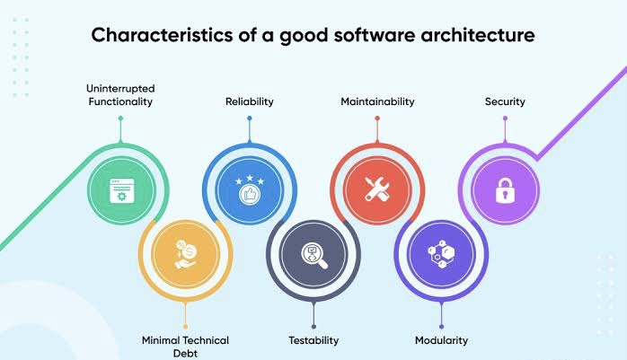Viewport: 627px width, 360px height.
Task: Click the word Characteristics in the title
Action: coord(162,35)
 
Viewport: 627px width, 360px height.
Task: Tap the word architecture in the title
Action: coord(478,35)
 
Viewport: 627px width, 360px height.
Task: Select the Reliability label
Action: coord(250,101)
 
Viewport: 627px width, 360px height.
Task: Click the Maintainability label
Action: coord(377,101)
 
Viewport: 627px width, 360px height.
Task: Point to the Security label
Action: coord(505,101)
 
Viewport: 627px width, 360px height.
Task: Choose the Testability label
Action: coord(313,340)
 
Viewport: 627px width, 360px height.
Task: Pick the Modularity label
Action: coord(441,340)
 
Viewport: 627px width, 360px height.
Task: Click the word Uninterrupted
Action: coord(120,89)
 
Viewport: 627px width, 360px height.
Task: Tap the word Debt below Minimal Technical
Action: coord(185,353)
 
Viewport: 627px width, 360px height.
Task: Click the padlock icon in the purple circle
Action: coord(506,189)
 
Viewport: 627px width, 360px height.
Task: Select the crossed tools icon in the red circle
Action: coord(377,189)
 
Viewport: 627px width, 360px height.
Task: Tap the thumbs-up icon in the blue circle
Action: coord(250,195)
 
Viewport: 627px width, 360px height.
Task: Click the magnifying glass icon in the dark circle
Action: coord(313,256)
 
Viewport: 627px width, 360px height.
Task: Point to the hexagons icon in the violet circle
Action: coord(441,254)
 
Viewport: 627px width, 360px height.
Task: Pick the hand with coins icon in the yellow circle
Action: coord(186,254)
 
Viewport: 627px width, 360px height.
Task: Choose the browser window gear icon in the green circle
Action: coord(122,190)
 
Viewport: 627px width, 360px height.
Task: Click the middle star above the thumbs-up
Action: coord(250,178)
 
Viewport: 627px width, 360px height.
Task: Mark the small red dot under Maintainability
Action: coord(377,119)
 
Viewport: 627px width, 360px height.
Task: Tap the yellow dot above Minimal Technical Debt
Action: coord(185,327)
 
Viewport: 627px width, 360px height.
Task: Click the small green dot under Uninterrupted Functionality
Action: coord(120,119)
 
